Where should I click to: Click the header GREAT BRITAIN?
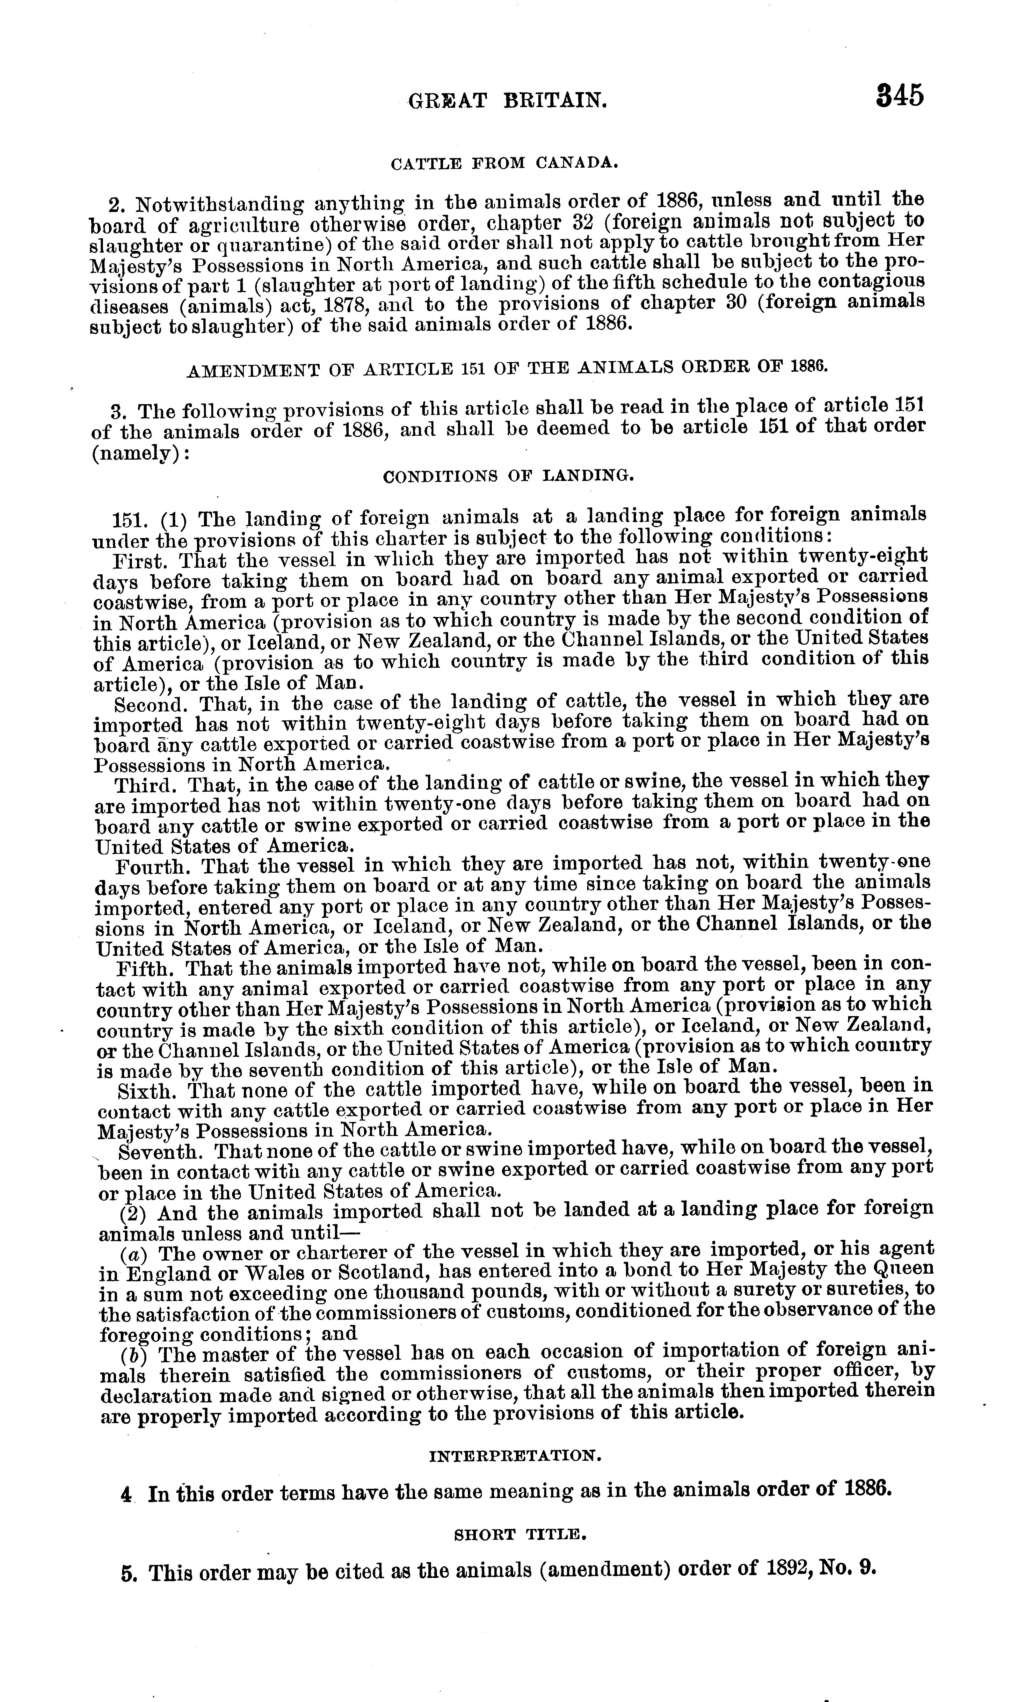508,102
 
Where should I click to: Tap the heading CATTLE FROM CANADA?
504,164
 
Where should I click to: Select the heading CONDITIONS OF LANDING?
508,476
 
